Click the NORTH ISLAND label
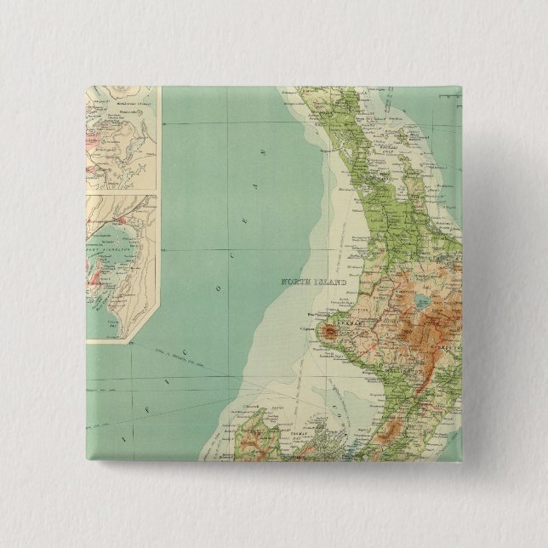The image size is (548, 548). pyautogui.click(x=317, y=282)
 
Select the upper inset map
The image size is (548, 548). pyautogui.click(x=123, y=136)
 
